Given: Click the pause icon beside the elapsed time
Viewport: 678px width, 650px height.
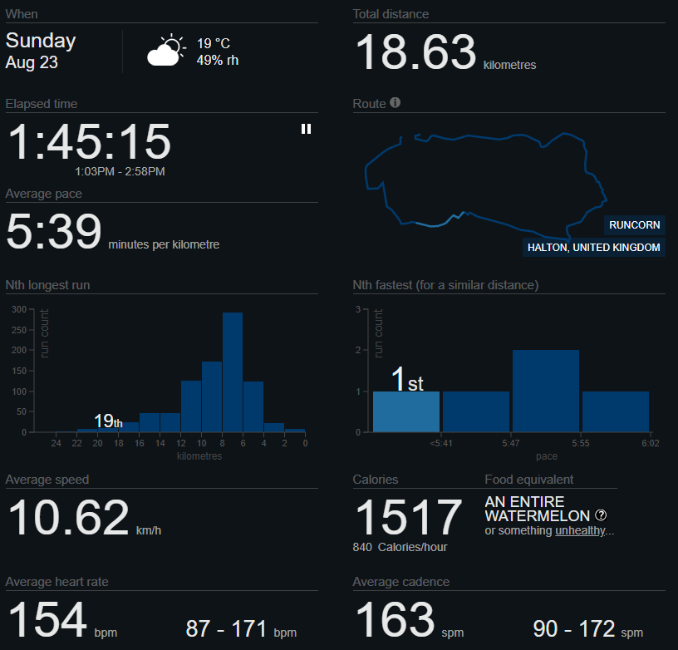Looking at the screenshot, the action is (306, 129).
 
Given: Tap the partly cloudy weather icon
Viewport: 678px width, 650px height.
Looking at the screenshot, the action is (166, 50).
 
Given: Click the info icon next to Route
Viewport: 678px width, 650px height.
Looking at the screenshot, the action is (395, 102).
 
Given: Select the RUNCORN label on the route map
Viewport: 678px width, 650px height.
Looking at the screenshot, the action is (634, 225).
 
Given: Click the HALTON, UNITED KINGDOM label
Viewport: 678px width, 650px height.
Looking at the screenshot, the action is (594, 248).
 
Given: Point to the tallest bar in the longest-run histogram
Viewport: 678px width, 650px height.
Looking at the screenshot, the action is (233, 372).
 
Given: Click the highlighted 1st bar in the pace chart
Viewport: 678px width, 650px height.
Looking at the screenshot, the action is (406, 411).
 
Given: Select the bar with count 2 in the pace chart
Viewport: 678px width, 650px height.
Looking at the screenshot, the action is (546, 391).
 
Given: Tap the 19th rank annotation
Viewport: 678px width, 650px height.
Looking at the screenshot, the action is (108, 421).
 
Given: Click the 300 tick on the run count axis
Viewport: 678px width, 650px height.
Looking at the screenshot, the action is (19, 309).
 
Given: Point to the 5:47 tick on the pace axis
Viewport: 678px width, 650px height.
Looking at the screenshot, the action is (511, 443).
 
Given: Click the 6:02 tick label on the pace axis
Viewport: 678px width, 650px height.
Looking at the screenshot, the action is (651, 443).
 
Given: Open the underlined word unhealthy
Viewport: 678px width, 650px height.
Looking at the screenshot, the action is (580, 530).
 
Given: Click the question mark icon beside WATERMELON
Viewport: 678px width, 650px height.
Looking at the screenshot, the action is (601, 515).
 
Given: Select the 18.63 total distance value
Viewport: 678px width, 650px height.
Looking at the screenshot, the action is (415, 52).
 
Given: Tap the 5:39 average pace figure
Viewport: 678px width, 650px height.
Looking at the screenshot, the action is (54, 231).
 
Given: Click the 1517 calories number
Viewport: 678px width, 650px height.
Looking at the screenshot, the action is (409, 517).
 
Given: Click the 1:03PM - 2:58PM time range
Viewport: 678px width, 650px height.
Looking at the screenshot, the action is (120, 171).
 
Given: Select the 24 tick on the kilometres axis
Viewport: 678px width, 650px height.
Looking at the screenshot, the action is (56, 443).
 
